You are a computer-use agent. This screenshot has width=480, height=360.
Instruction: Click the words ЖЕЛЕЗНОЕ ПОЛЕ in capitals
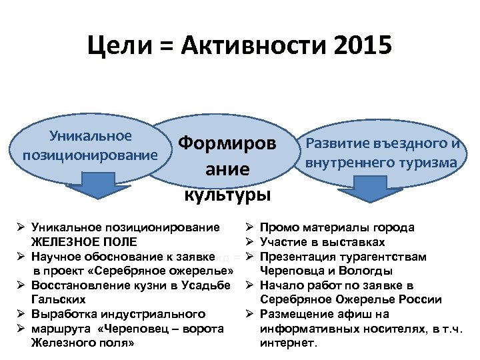point(85,242)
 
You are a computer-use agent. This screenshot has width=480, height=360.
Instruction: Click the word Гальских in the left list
point(58,300)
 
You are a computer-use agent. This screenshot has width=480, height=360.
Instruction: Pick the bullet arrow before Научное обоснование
point(21,257)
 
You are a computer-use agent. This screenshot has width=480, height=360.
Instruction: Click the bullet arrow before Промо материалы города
point(250,227)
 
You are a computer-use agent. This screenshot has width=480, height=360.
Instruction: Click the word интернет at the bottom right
point(289,343)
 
